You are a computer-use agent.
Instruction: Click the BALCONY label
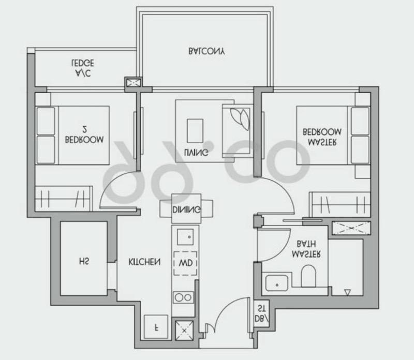pos(206,51)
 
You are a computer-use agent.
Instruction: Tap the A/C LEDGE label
pos(83,68)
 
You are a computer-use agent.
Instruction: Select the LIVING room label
pos(196,152)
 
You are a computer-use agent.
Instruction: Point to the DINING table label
pos(186,209)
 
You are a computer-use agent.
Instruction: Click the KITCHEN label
pos(144,262)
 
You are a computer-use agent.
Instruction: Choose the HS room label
pos(84,261)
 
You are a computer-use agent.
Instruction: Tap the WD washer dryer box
pos(185,263)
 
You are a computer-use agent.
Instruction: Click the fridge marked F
pos(156,327)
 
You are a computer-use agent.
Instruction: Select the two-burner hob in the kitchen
pos(183,297)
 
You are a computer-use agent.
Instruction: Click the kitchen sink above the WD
pos(185,237)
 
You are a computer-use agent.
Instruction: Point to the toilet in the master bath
pos(308,276)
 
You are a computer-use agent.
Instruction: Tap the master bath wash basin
pos(277,283)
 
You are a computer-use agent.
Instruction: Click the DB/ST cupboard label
pos(261,313)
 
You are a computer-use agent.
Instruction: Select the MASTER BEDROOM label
pos(322,137)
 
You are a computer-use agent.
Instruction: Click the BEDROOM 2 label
pos(84,134)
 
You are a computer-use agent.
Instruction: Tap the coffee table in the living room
pos(195,131)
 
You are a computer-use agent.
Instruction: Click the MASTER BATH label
pos(306,249)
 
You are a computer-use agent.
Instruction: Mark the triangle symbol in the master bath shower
pos(348,292)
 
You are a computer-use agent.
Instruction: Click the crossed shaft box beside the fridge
pos(184,330)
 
